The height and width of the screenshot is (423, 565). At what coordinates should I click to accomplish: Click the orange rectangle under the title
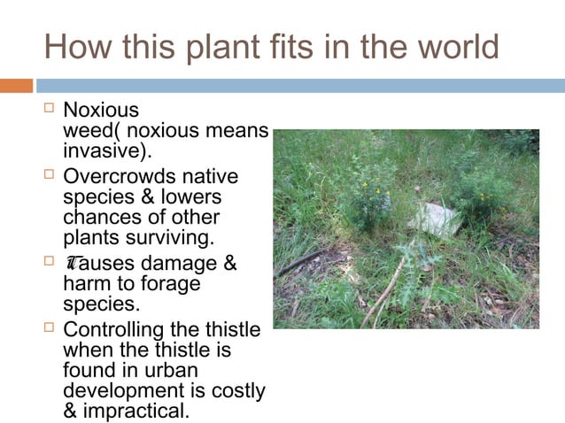click(16, 86)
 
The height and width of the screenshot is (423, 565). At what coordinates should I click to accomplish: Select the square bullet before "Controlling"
click(49, 329)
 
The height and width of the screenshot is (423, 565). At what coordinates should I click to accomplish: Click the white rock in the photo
click(437, 218)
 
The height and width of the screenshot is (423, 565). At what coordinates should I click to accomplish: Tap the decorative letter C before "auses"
click(72, 264)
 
